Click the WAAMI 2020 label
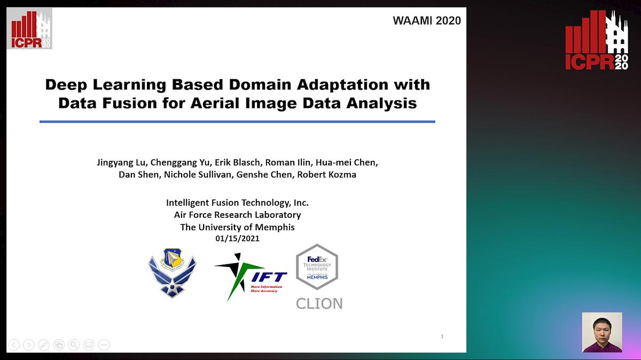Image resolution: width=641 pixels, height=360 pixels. point(426,21)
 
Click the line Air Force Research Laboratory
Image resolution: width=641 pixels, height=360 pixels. point(237,215)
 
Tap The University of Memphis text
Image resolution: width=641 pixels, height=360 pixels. point(237,227)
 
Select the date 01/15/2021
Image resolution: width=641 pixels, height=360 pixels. point(237,238)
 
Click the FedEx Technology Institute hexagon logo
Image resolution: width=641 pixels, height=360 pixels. point(317,267)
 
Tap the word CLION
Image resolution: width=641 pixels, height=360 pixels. point(319,303)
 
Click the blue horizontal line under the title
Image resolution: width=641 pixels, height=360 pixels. point(237,122)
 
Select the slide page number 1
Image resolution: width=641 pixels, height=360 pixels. point(442,336)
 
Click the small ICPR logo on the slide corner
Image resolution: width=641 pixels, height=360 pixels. point(29,29)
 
